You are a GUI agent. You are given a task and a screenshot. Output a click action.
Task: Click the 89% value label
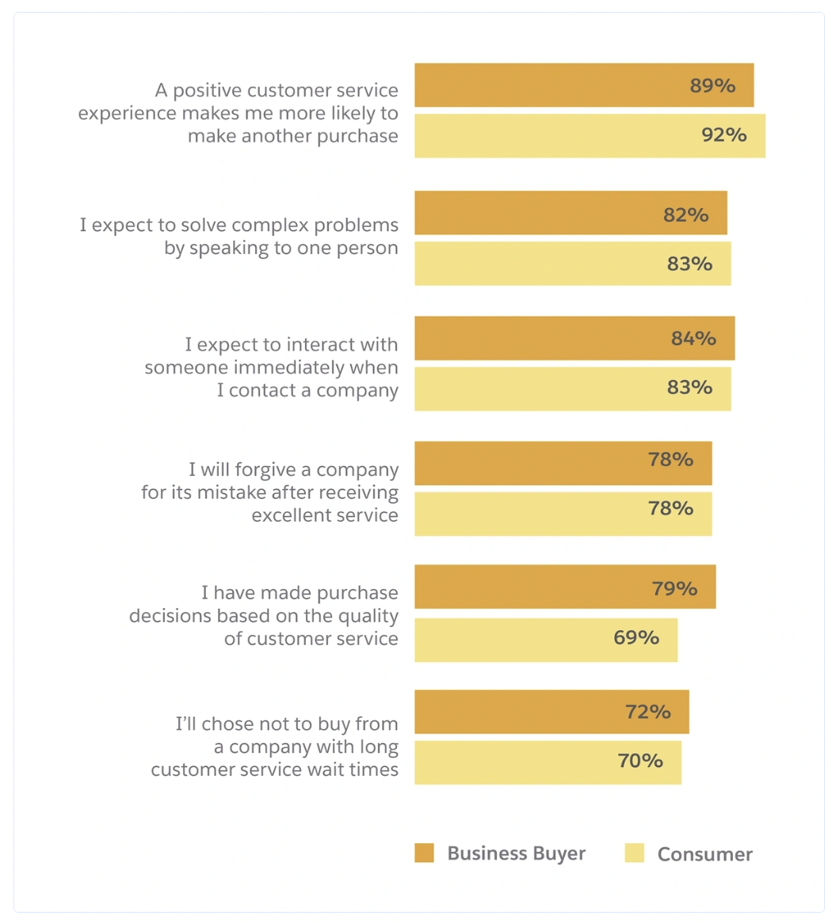pyautogui.click(x=712, y=86)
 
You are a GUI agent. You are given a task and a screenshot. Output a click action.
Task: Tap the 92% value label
pyautogui.click(x=723, y=135)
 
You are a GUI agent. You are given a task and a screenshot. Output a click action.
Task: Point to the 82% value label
pyautogui.click(x=685, y=215)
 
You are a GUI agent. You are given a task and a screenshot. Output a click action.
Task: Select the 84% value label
pyautogui.click(x=693, y=339)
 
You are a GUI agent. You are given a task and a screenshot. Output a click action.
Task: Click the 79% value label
pyautogui.click(x=674, y=589)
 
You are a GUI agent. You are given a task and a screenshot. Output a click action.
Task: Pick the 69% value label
pyautogui.click(x=635, y=637)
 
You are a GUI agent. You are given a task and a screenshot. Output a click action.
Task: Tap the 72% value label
pyautogui.click(x=647, y=712)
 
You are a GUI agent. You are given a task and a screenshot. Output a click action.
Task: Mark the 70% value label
pyautogui.click(x=640, y=761)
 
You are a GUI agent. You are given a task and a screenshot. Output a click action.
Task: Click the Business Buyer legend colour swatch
pyautogui.click(x=424, y=853)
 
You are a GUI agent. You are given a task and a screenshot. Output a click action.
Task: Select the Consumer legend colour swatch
pyautogui.click(x=634, y=853)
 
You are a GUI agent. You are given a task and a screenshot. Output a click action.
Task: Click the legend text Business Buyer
pyautogui.click(x=516, y=853)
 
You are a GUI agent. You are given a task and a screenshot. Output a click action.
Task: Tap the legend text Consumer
pyautogui.click(x=704, y=854)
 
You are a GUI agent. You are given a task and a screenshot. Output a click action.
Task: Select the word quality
pyautogui.click(x=368, y=616)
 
